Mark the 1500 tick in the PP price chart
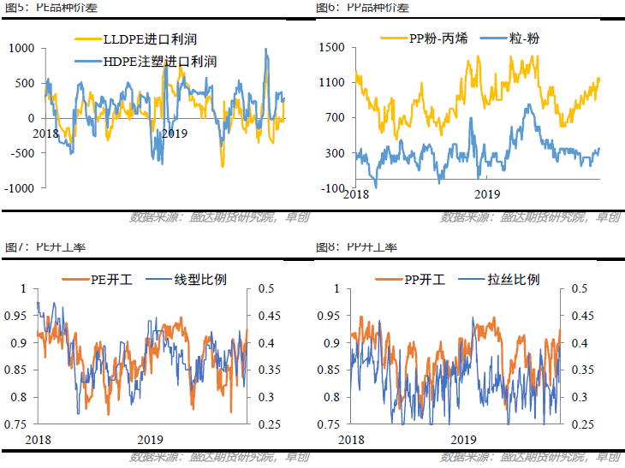pyautogui.click(x=331, y=48)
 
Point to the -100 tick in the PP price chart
pyautogui.click(x=332, y=188)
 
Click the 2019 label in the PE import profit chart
pyautogui.click(x=174, y=133)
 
